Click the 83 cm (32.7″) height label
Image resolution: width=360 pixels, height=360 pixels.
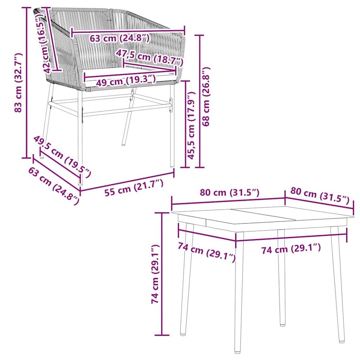[18, 83]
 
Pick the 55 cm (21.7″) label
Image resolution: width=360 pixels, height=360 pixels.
[134, 188]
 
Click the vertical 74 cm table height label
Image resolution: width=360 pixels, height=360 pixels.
[155, 274]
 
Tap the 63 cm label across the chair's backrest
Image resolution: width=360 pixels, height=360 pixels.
[119, 37]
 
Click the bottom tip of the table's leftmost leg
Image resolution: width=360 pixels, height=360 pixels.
[183, 334]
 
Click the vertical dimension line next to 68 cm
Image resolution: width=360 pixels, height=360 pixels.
[200, 101]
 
